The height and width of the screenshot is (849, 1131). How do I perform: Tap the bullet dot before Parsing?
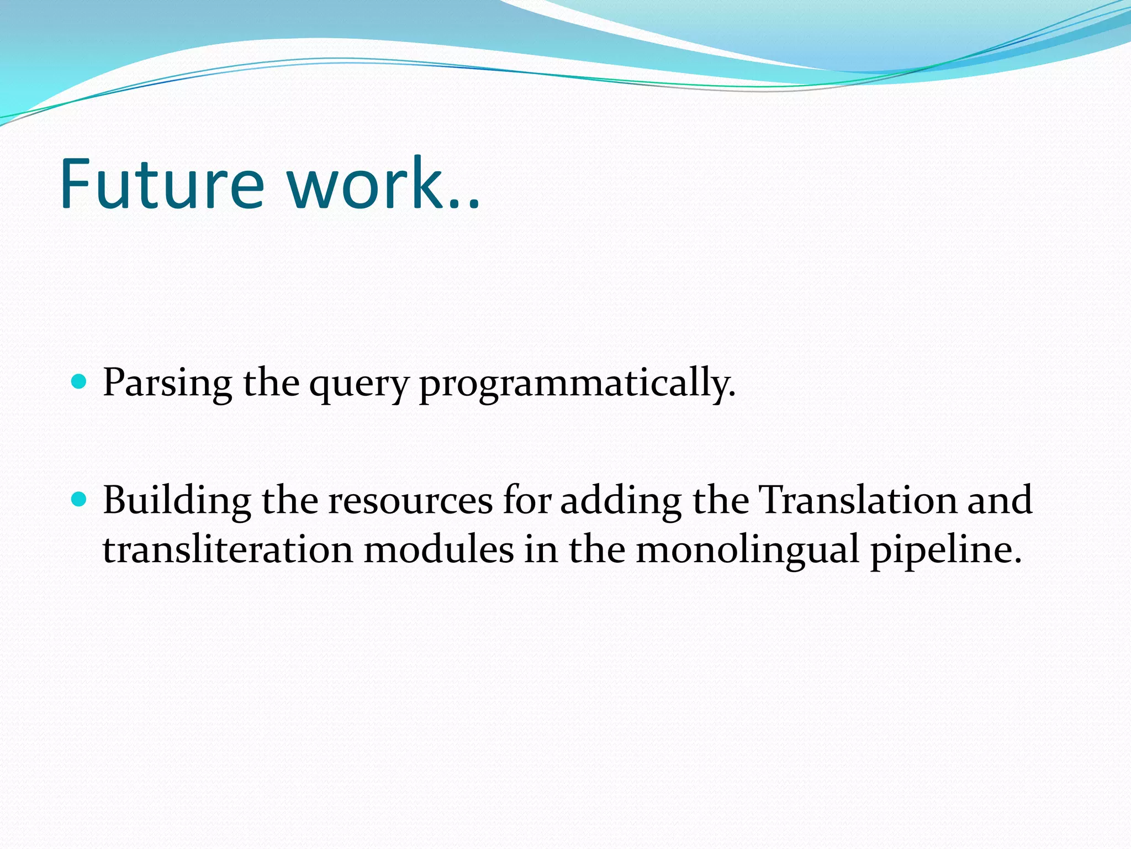click(x=80, y=381)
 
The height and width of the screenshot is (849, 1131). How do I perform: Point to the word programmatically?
click(x=577, y=384)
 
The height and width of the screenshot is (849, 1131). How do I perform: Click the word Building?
click(x=177, y=501)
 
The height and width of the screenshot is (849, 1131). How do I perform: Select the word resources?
click(x=410, y=501)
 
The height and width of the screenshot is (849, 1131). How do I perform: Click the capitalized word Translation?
click(x=858, y=500)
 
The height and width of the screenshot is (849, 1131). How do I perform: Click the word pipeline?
click(x=945, y=551)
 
